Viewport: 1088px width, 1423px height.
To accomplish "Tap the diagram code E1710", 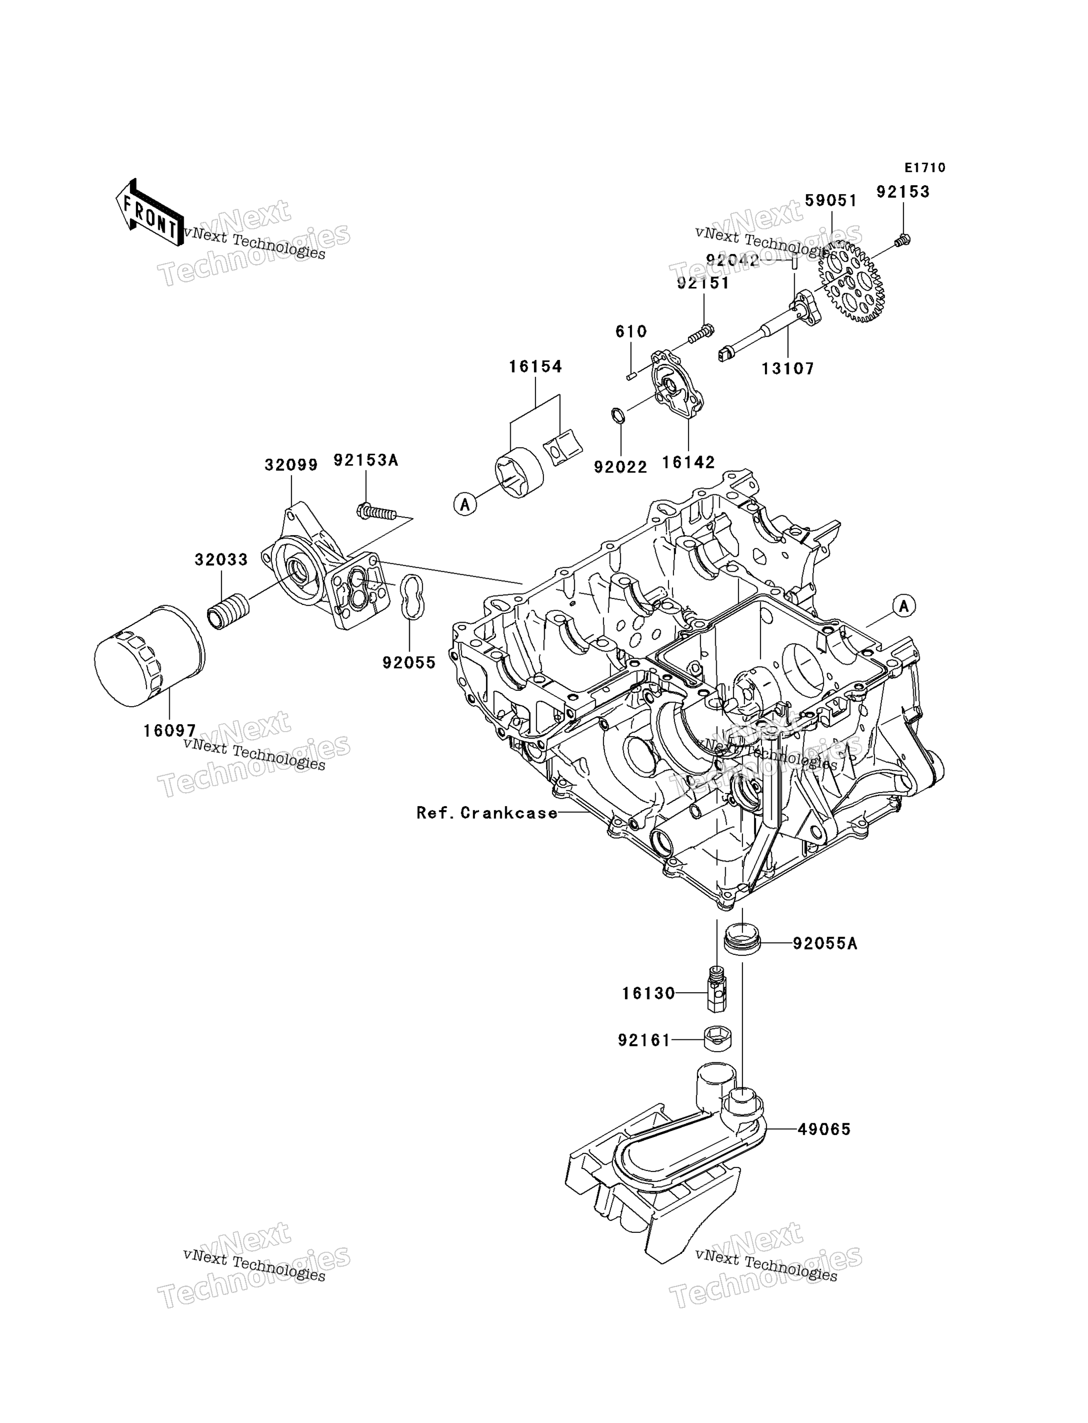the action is [x=925, y=168].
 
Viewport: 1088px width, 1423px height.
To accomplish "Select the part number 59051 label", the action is [x=831, y=201].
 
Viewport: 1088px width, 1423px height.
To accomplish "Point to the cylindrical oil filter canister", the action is [x=149, y=656].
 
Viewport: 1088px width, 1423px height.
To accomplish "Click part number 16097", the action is [x=170, y=731].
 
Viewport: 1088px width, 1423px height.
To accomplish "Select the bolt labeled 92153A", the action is [x=376, y=512].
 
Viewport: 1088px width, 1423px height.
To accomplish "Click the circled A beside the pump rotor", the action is [x=465, y=503].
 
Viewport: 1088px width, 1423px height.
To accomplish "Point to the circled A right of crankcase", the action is [x=904, y=606].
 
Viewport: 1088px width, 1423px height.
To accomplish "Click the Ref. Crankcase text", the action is [x=487, y=813].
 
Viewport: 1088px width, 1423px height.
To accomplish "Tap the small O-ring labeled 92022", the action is [x=618, y=415].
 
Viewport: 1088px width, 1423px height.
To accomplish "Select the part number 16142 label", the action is [x=688, y=463].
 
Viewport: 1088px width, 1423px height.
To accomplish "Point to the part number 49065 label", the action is [x=824, y=1130].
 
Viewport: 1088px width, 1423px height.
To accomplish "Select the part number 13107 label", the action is [x=788, y=369].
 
